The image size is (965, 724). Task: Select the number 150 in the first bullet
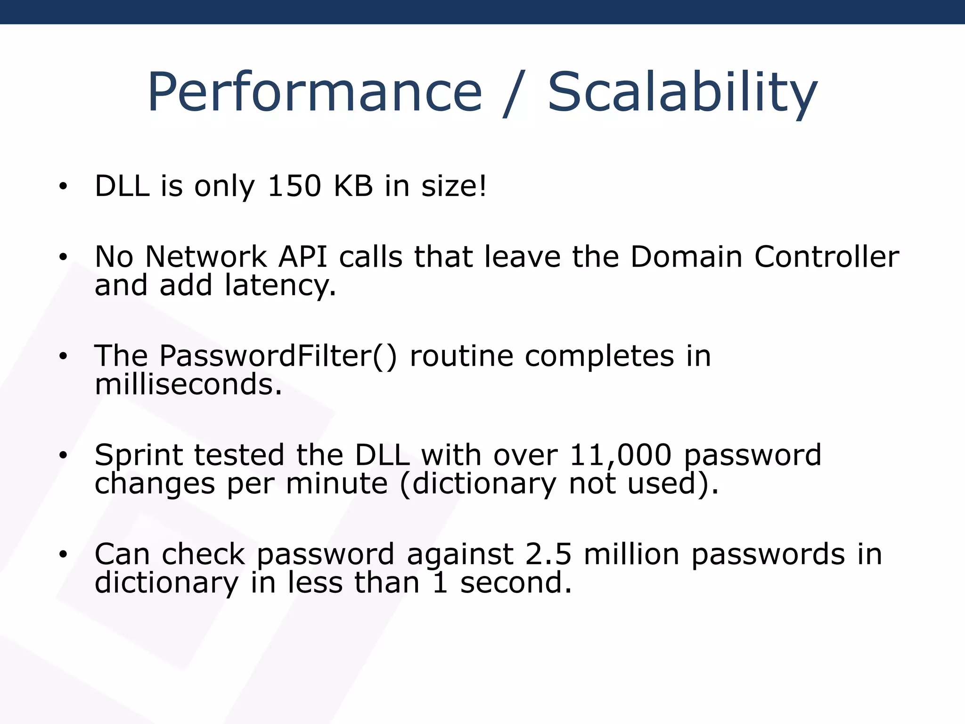click(294, 186)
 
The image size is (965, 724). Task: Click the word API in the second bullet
click(303, 257)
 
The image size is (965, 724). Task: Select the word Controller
click(826, 257)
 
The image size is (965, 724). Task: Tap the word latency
click(280, 286)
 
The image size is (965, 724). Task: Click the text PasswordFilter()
click(278, 356)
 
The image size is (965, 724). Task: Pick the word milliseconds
click(188, 385)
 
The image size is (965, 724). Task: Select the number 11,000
click(620, 455)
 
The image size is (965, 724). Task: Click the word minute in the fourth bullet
click(336, 484)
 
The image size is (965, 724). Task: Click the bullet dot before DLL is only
click(63, 187)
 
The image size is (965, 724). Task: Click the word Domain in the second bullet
click(686, 257)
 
